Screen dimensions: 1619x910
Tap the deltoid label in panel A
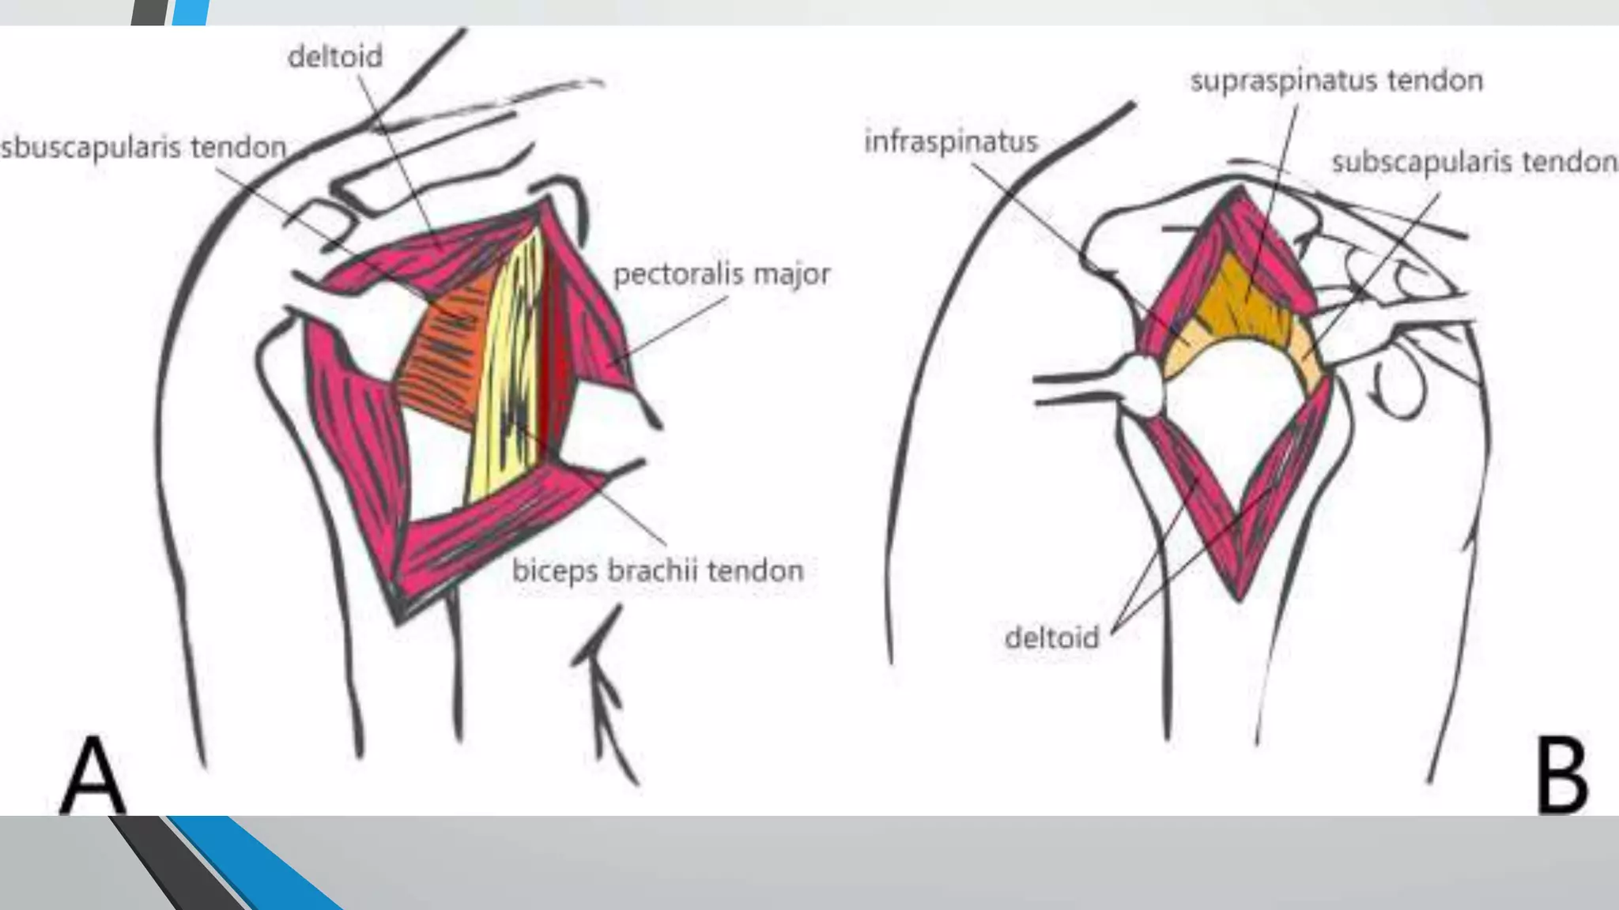pyautogui.click(x=335, y=57)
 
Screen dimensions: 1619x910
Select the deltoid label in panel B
pyautogui.click(x=1051, y=637)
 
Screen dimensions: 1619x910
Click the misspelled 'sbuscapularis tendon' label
pyautogui.click(x=144, y=148)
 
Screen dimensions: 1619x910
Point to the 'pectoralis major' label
pyautogui.click(x=722, y=274)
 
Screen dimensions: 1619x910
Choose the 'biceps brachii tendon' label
pyautogui.click(x=658, y=570)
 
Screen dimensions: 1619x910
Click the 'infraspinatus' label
pyautogui.click(x=950, y=142)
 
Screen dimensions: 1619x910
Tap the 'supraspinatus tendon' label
pyautogui.click(x=1336, y=81)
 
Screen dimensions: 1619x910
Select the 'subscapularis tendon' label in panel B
pyautogui.click(x=1474, y=162)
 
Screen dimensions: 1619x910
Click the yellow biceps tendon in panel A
pyautogui.click(x=506, y=371)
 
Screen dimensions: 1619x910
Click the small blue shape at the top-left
pyautogui.click(x=190, y=12)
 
